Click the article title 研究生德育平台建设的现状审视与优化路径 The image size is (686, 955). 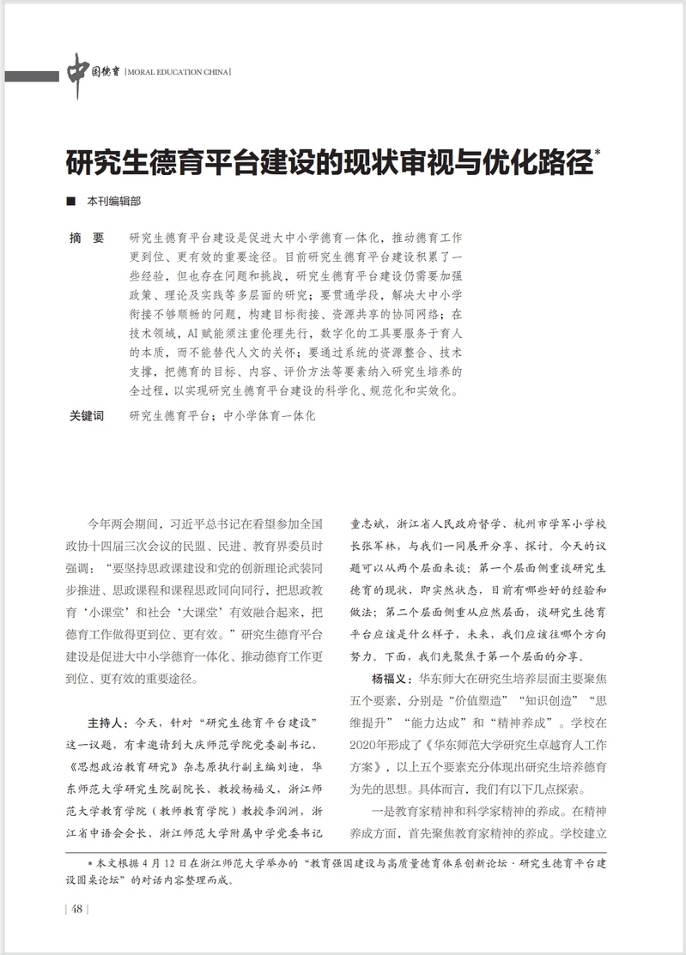point(327,160)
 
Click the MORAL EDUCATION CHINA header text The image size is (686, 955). point(178,73)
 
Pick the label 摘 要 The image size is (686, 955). point(86,237)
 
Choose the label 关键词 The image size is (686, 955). point(86,416)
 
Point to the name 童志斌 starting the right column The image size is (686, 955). point(369,523)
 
